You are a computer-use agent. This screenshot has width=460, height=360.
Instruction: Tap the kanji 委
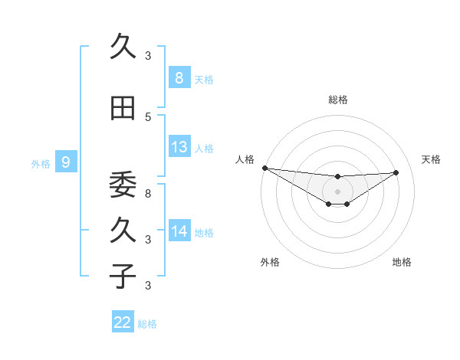[x=123, y=184]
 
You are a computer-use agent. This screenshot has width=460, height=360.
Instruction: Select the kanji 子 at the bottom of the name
[x=123, y=276]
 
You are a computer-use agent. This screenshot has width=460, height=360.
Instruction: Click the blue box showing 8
[x=179, y=77]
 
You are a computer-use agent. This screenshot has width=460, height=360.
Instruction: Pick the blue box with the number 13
[x=179, y=147]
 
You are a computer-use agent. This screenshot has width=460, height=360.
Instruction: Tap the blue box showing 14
[x=179, y=231]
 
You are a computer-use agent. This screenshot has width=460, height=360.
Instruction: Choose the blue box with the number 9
[x=66, y=162]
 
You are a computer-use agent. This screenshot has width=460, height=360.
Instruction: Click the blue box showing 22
[x=123, y=322]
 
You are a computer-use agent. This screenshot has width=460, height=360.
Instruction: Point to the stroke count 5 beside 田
[x=148, y=116]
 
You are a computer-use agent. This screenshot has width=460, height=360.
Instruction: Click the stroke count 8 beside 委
[x=148, y=193]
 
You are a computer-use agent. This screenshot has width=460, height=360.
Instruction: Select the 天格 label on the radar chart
[x=432, y=159]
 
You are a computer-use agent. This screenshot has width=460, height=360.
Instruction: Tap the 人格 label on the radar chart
[x=245, y=159]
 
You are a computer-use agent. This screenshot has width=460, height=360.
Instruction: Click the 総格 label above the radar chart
[x=338, y=100]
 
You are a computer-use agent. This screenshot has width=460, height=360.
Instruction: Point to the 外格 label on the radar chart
[x=270, y=262]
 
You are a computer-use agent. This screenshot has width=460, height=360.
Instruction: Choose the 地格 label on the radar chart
[x=402, y=262]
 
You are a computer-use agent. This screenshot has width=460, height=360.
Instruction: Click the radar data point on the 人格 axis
[x=264, y=168]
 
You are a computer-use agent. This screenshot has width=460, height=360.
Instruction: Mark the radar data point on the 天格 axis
[x=396, y=172]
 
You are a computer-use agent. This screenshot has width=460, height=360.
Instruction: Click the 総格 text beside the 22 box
[x=147, y=323]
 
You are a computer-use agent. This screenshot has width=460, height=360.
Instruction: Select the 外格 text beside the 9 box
[x=40, y=163]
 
